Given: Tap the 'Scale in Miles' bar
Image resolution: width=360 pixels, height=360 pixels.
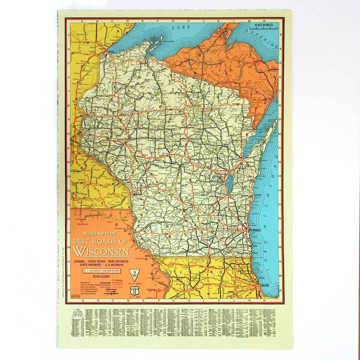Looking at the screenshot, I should click(x=264, y=28).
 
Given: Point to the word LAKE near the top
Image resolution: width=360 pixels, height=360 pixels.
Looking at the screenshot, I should click(x=178, y=28).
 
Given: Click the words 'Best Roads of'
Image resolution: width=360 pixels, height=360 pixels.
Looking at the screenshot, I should click(x=101, y=241).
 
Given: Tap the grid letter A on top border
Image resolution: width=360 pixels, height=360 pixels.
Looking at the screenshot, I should click(x=75, y=21).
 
